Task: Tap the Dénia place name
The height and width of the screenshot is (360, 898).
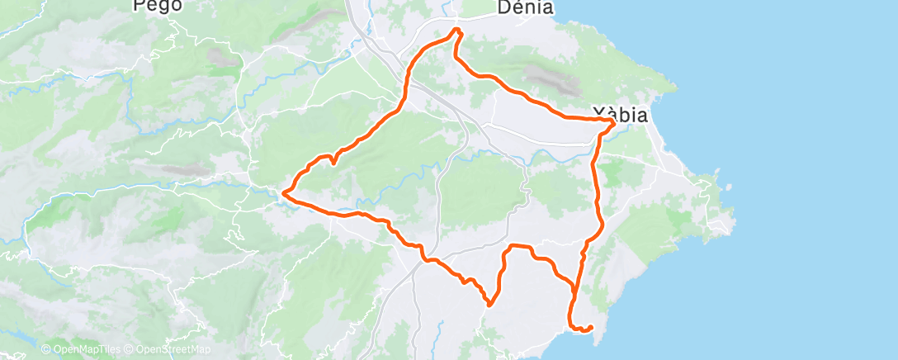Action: [x=526, y=7]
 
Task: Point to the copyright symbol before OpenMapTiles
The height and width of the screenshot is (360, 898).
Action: [x=46, y=349]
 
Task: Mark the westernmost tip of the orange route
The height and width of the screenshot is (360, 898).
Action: [x=283, y=193]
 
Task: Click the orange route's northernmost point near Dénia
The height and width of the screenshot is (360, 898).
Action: [x=456, y=31]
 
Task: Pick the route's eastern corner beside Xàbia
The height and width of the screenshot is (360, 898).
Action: [x=612, y=121]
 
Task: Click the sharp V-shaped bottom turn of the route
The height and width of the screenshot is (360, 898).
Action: [x=490, y=304]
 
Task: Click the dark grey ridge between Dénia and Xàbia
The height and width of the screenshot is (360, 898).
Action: [x=548, y=79]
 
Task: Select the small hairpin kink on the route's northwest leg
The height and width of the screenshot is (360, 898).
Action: [x=332, y=159]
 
